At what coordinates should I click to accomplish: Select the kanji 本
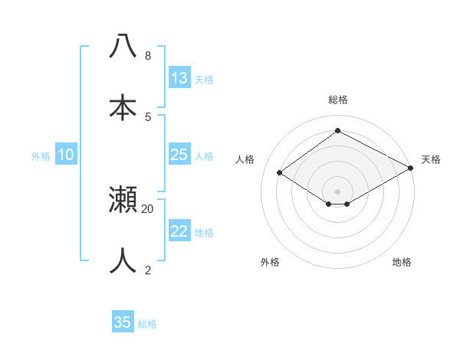tap(123, 108)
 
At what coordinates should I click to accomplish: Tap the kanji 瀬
tap(123, 199)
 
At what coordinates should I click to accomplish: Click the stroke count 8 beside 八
tap(148, 56)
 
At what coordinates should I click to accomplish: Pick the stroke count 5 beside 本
tap(148, 116)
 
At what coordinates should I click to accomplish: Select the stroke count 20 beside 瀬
tap(148, 208)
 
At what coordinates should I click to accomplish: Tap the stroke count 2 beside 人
tap(148, 269)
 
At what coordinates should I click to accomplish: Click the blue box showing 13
tap(179, 78)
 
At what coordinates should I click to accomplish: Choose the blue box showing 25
tap(179, 155)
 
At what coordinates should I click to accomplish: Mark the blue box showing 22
tap(179, 231)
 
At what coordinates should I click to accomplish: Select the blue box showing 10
tap(66, 155)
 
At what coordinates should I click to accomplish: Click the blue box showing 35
tap(123, 322)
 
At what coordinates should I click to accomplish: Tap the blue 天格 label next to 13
tap(204, 80)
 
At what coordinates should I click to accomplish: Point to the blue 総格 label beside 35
tap(148, 324)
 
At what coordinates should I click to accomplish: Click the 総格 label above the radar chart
tap(338, 100)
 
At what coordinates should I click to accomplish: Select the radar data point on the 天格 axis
tap(412, 169)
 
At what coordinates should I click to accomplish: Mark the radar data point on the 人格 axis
tap(280, 173)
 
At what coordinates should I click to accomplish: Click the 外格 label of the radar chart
tap(270, 263)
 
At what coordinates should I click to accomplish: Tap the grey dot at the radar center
tap(338, 191)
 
